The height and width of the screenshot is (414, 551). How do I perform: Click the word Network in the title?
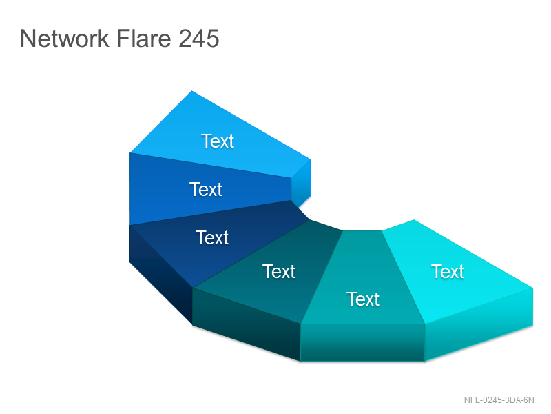tap(65, 38)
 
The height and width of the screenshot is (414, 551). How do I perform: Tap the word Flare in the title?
tap(143, 38)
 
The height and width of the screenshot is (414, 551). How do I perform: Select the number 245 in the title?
tap(199, 38)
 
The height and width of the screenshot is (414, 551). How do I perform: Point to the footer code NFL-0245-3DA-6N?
tap(499, 400)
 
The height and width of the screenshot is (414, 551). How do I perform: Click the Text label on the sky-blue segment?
tap(218, 141)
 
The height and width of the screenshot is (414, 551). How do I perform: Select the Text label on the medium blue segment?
tap(206, 189)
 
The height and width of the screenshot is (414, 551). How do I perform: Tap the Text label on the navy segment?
tap(212, 237)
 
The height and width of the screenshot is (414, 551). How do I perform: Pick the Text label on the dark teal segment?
tap(279, 271)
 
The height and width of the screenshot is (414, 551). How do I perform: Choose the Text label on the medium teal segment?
tap(363, 299)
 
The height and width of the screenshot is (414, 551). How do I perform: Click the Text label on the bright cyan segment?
tap(448, 271)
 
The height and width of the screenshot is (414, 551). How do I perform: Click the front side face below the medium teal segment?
tap(363, 342)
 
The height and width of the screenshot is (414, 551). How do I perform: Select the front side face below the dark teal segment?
tap(247, 325)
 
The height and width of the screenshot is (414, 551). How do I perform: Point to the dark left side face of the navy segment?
tap(161, 275)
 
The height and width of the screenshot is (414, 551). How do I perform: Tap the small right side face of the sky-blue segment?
tap(301, 183)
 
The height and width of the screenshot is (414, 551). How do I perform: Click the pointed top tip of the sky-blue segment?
tap(192, 91)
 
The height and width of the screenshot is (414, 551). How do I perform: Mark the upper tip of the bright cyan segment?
tap(414, 220)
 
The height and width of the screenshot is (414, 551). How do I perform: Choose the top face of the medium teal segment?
tap(363, 278)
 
